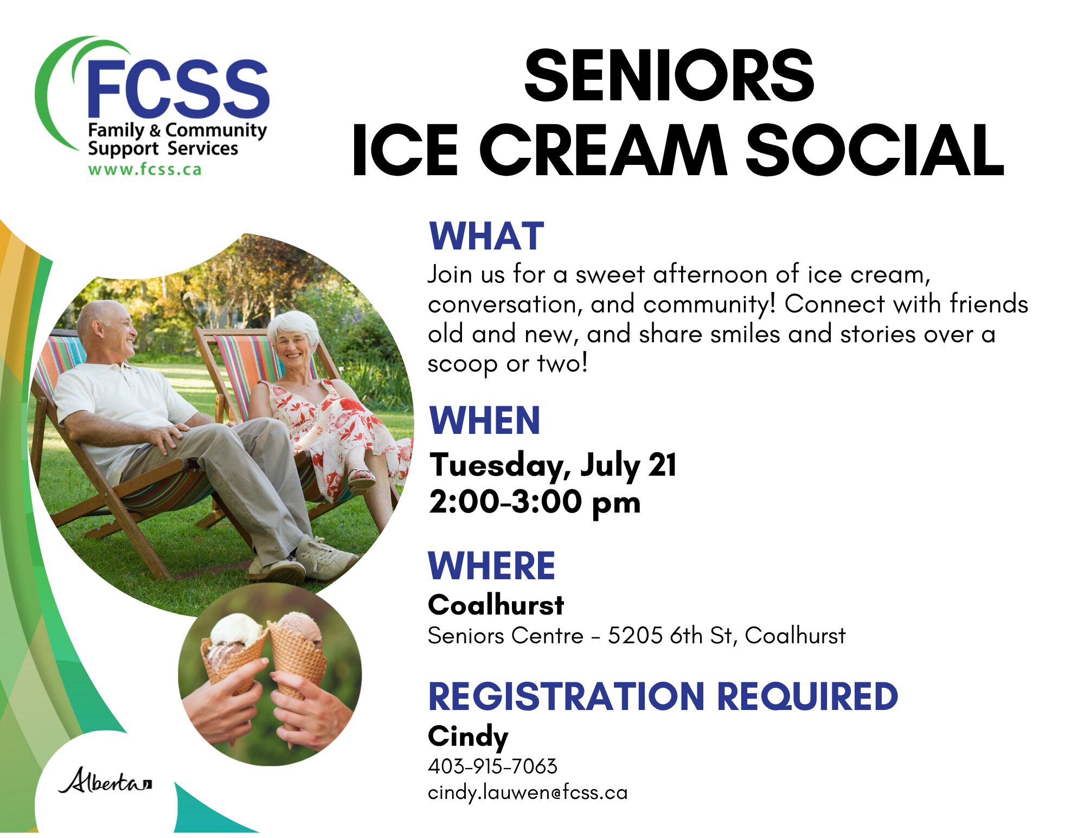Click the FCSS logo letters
[x=178, y=88]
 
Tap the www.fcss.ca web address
[x=145, y=169]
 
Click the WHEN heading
[x=485, y=420]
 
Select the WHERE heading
[x=492, y=566]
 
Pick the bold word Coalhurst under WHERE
[x=496, y=605]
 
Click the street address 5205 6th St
[x=671, y=636]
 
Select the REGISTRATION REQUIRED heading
[x=663, y=696]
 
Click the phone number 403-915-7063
[x=492, y=766]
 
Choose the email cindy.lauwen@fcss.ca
[x=528, y=793]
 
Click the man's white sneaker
[x=327, y=556]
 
